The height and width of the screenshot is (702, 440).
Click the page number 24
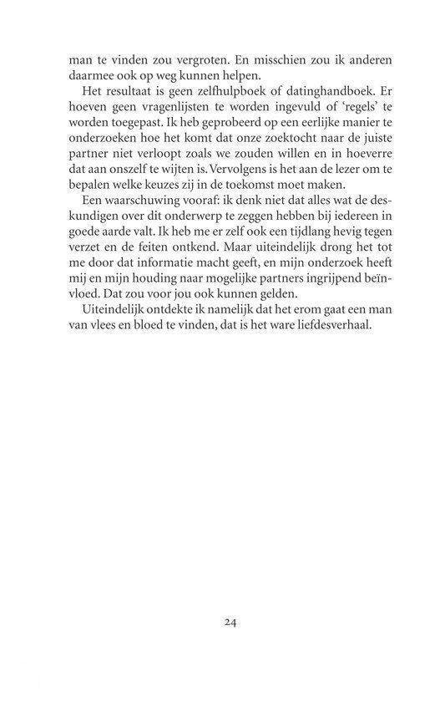tap(233, 622)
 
